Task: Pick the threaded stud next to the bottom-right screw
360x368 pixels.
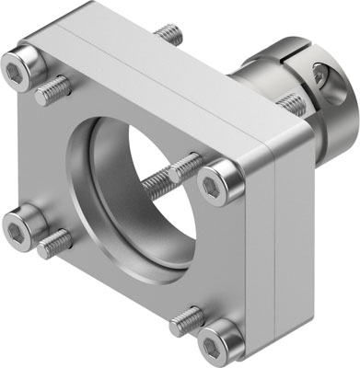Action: coord(187,318)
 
